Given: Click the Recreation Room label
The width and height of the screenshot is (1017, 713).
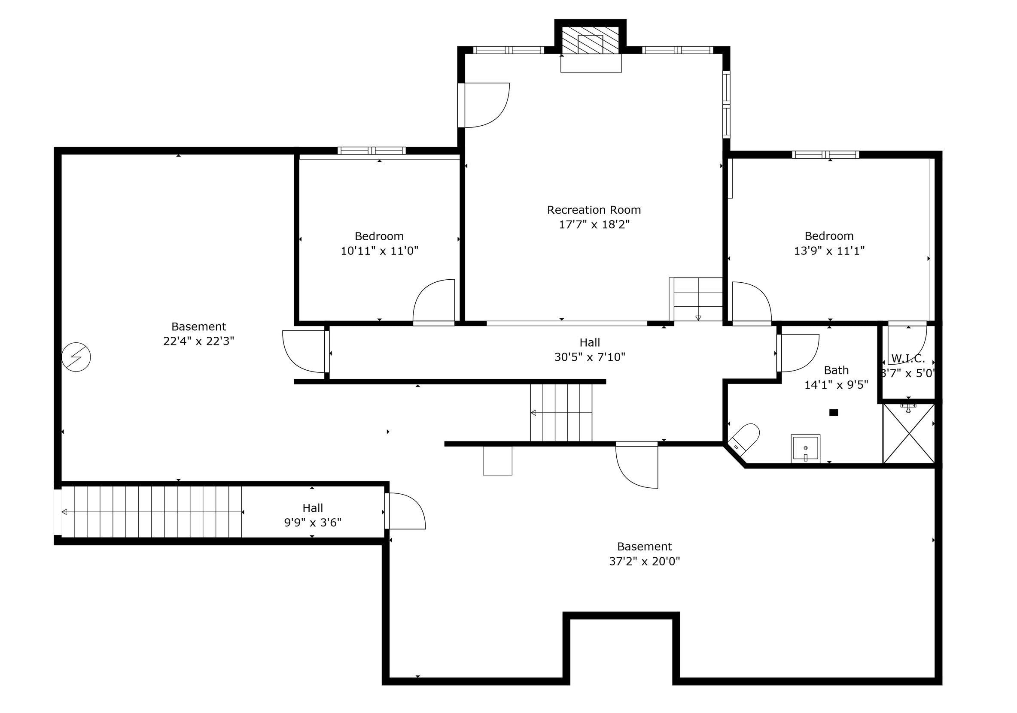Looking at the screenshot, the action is (x=594, y=210).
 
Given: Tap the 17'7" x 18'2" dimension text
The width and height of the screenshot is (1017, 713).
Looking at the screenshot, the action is (x=594, y=224).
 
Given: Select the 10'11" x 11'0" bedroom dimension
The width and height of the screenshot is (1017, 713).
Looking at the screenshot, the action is (x=379, y=251).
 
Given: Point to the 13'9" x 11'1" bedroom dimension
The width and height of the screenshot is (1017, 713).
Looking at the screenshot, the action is (x=829, y=251).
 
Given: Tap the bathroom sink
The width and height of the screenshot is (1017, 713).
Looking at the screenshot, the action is (x=805, y=449).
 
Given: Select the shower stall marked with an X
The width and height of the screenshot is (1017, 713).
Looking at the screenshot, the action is (x=909, y=434).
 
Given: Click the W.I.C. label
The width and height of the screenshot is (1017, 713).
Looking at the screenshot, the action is (x=908, y=359).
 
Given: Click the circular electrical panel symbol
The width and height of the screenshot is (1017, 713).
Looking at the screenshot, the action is (x=76, y=357).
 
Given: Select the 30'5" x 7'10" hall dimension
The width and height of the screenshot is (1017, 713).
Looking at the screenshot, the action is (x=590, y=357).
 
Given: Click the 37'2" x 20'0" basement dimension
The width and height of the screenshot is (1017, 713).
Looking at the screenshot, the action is (x=645, y=562).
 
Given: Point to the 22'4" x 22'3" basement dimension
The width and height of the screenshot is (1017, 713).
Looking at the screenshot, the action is (x=198, y=341).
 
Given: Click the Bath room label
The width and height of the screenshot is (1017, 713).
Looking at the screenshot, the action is (x=836, y=370).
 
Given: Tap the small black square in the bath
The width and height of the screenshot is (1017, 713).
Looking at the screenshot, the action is (x=834, y=413).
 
